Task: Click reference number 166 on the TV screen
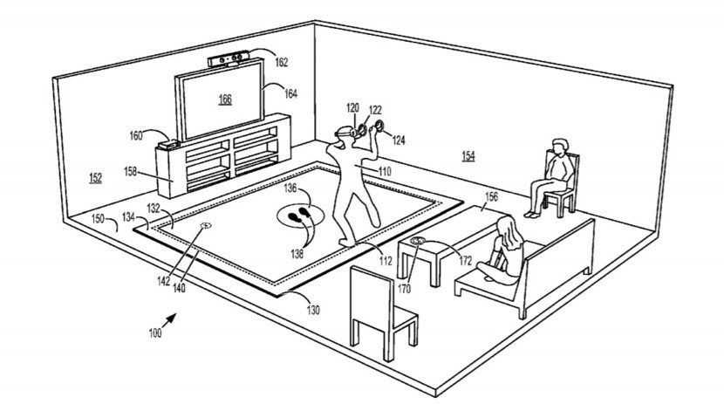[225, 99]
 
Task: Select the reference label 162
[281, 62]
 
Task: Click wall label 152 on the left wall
[94, 178]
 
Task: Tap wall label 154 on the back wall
[468, 155]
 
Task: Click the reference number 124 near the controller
[398, 139]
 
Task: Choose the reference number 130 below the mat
[311, 310]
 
